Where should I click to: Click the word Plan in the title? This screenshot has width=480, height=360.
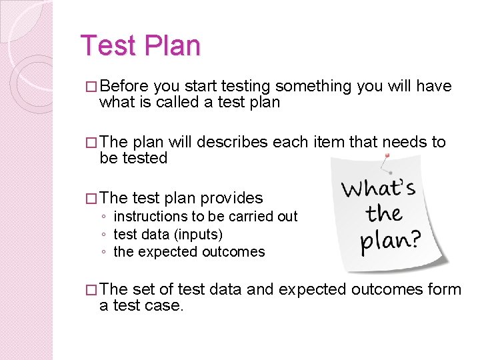pos(169,46)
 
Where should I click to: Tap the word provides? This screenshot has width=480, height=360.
pos(231,198)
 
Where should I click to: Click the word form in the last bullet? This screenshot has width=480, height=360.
pos(446,289)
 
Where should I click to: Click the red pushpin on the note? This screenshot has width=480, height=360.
pos(387,157)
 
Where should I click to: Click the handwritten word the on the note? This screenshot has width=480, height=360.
pos(385,214)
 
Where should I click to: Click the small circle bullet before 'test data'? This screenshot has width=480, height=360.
pos(104,235)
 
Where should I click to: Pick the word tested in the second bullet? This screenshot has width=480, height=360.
pos(143,158)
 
